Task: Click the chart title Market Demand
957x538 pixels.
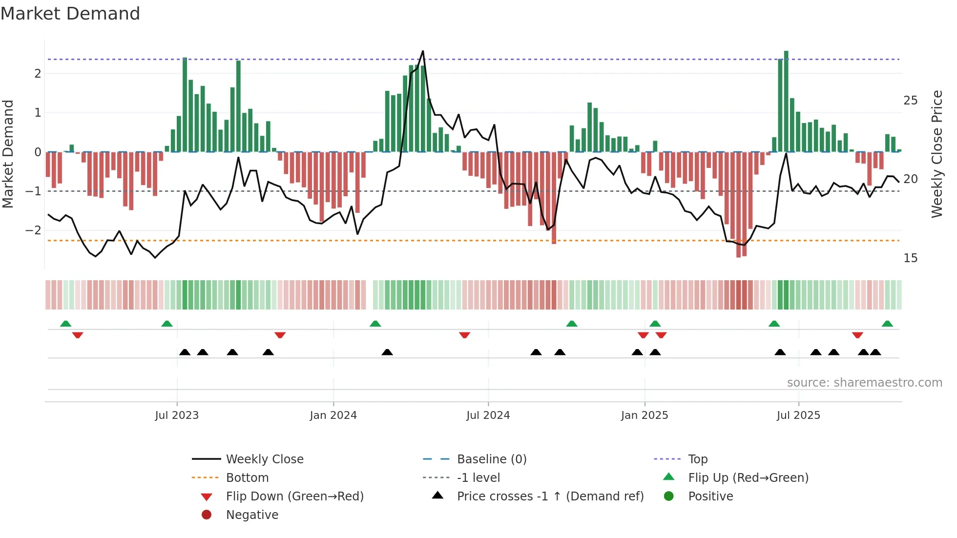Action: pyautogui.click(x=70, y=14)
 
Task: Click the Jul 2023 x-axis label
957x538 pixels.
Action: pyautogui.click(x=177, y=415)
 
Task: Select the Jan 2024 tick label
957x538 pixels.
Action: pyautogui.click(x=333, y=415)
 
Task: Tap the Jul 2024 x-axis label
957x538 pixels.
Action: pyautogui.click(x=488, y=415)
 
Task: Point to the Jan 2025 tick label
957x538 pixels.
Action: pyautogui.click(x=645, y=415)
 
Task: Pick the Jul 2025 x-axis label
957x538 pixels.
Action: pyautogui.click(x=798, y=415)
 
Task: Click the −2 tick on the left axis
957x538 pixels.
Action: pyautogui.click(x=33, y=230)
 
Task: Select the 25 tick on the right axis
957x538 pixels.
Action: pyautogui.click(x=910, y=101)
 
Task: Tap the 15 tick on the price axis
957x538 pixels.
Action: pyautogui.click(x=910, y=258)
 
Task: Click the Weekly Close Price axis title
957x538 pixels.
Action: pyautogui.click(x=936, y=154)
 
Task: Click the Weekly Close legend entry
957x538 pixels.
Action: pyautogui.click(x=264, y=459)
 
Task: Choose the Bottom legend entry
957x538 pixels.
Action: pyautogui.click(x=247, y=478)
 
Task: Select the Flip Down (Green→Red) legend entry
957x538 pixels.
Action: pyautogui.click(x=294, y=497)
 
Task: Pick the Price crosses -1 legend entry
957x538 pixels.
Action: pyautogui.click(x=550, y=497)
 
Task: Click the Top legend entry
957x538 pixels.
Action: pyautogui.click(x=698, y=459)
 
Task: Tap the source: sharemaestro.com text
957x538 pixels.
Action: pyautogui.click(x=864, y=383)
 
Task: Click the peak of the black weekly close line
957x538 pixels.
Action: pyautogui.click(x=423, y=51)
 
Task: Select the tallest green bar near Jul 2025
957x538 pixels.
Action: pyautogui.click(x=786, y=98)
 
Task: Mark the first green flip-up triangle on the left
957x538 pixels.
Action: pyautogui.click(x=65, y=324)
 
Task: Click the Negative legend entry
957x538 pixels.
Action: pyautogui.click(x=252, y=515)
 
